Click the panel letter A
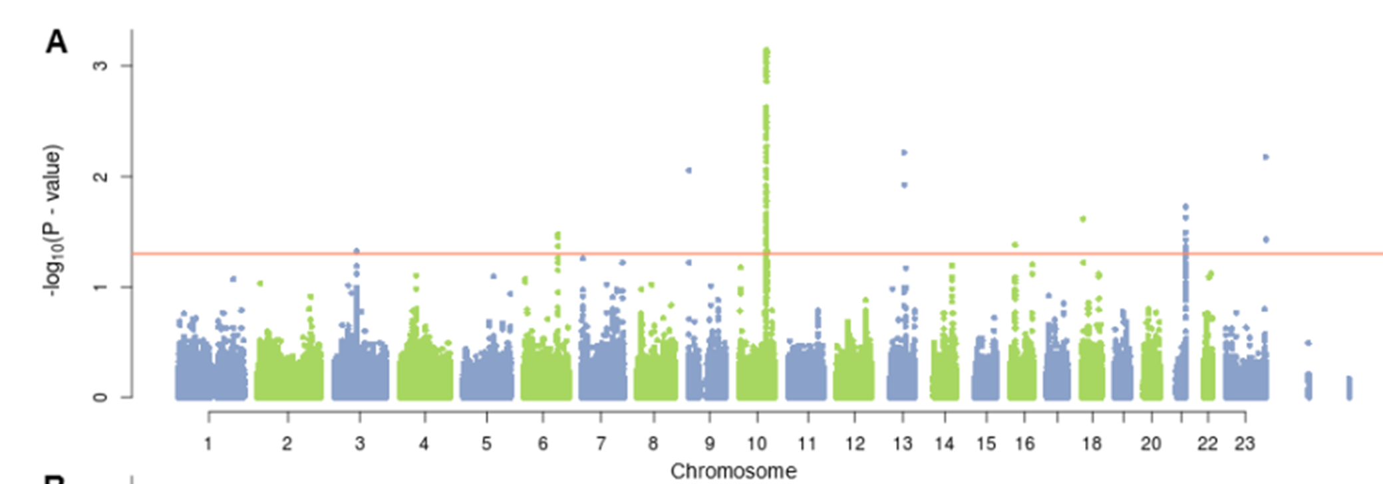point(57,43)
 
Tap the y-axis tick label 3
point(100,65)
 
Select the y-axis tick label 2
point(100,176)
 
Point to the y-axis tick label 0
point(100,398)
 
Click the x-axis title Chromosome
point(733,471)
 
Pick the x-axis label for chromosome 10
point(757,444)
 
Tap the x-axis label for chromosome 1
point(208,444)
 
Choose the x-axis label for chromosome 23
point(1245,444)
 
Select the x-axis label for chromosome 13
point(903,444)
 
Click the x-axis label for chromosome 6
point(543,444)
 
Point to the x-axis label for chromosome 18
point(1092,444)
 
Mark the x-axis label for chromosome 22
point(1207,444)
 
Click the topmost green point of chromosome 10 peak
point(766,50)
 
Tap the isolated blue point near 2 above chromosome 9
point(689,171)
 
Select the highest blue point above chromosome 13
point(904,152)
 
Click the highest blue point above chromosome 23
point(1266,157)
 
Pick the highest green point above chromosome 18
point(1083,219)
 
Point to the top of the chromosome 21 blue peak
point(1185,207)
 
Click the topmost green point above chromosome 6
point(558,235)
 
